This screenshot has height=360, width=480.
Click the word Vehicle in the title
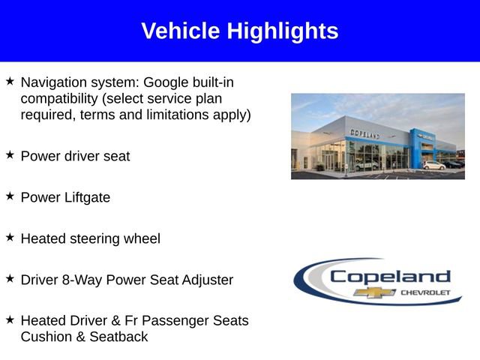[181, 31]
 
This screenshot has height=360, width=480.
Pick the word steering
[97, 238]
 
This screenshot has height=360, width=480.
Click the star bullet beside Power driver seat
[10, 154]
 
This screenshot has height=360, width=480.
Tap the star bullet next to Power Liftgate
[10, 196]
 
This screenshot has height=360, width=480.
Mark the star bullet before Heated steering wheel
[10, 237]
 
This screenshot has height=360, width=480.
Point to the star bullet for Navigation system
[10, 80]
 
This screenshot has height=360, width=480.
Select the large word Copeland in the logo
[391, 276]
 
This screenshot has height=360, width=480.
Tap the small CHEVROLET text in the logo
[424, 292]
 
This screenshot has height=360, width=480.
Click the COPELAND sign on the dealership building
[364, 133]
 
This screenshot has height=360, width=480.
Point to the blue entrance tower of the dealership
[417, 147]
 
